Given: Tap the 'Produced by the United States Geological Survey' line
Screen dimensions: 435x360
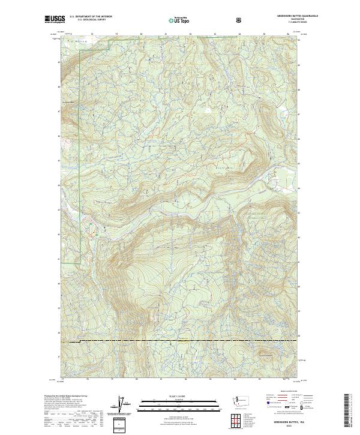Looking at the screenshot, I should (62, 396).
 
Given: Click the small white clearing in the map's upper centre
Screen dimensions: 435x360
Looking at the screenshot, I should (208, 110).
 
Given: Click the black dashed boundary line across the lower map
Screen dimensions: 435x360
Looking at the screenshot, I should (180, 340).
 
